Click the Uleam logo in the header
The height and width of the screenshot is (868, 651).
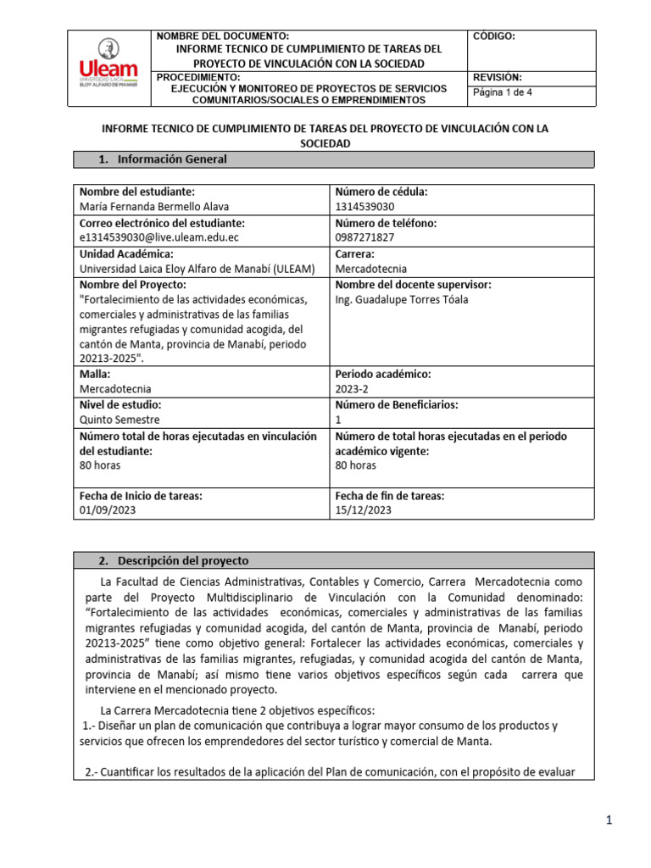[x=108, y=69]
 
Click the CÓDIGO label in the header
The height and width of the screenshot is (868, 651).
[x=493, y=37]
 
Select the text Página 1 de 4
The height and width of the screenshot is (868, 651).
[x=502, y=93]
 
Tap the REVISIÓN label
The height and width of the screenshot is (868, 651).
[x=498, y=77]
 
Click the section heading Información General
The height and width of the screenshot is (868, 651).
[x=171, y=159]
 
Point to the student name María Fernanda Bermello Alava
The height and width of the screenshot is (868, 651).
[x=153, y=207]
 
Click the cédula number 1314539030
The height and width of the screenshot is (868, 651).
[x=365, y=207]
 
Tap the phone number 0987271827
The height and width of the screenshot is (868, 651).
[x=365, y=238]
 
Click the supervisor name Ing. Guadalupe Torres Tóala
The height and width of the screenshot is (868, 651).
[x=402, y=299]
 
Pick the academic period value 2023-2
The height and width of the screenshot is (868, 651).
[x=352, y=388]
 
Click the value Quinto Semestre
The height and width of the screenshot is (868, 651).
[x=120, y=420]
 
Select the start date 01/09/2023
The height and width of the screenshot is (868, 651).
[x=107, y=510]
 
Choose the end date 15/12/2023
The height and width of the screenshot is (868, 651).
[x=364, y=510]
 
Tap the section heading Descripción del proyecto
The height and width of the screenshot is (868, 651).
[x=183, y=560]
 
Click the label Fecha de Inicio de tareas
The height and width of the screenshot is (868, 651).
[x=140, y=495]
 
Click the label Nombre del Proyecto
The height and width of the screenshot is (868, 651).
[x=131, y=285]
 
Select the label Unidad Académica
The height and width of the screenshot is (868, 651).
[x=126, y=253]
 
